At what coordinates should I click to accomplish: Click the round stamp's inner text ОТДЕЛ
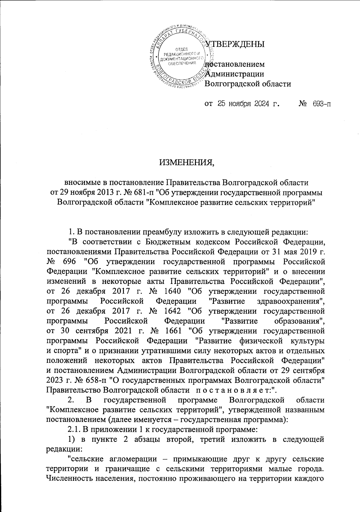click(181, 49)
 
